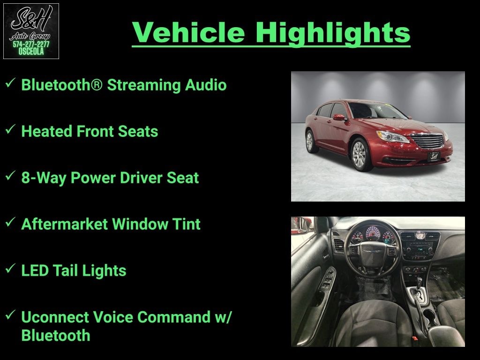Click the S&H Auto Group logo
coord(31,31)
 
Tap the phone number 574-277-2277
coord(31,44)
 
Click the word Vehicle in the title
coord(188,32)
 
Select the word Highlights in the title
coord(333,33)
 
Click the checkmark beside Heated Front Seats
coord(10,129)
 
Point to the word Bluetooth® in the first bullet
coord(61,85)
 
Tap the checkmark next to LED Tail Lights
coord(10,269)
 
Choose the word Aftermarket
coord(65,224)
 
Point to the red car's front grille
coord(428,141)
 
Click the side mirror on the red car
coord(339,117)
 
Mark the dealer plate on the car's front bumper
coord(434,156)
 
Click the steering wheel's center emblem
coord(373,251)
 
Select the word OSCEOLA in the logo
coord(31,52)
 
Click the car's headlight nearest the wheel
coord(393,136)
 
